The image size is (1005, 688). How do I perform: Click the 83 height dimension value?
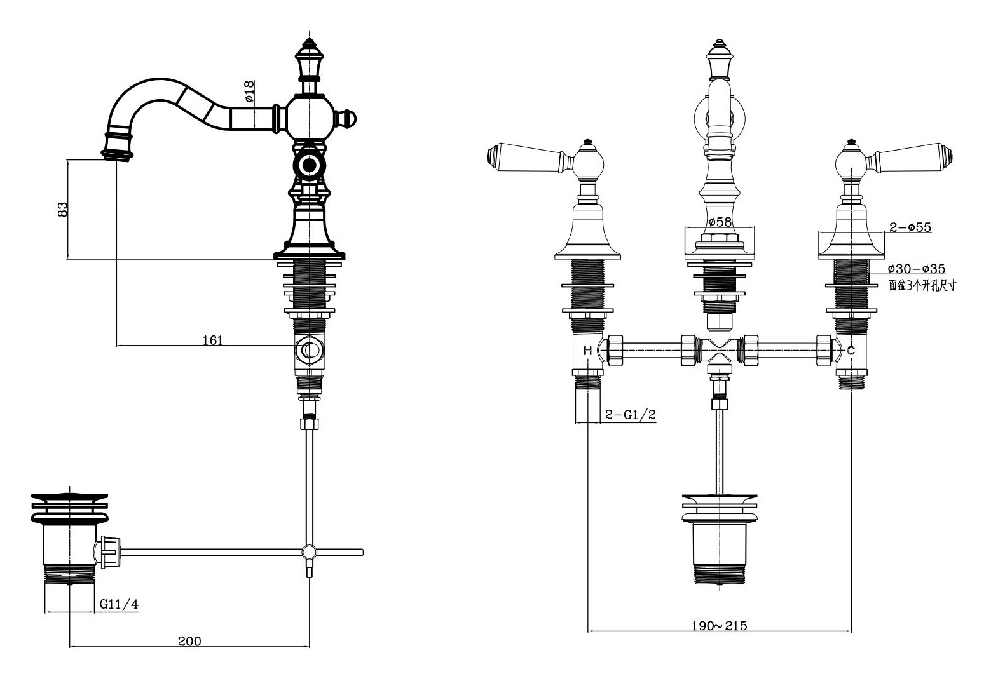pyautogui.click(x=63, y=210)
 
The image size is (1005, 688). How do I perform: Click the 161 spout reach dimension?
pyautogui.click(x=213, y=341)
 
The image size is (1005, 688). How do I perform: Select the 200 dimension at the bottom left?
pyautogui.click(x=189, y=642)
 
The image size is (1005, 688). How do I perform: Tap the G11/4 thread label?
pyautogui.click(x=119, y=604)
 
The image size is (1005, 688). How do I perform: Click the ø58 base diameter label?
pyautogui.click(x=720, y=222)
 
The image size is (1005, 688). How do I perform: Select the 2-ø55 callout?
pyautogui.click(x=910, y=227)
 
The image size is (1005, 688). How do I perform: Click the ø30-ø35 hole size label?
pyautogui.click(x=917, y=269)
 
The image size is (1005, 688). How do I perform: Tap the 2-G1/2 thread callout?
pyautogui.click(x=631, y=415)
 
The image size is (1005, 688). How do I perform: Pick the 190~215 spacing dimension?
pyautogui.click(x=719, y=626)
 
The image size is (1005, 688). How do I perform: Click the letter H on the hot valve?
pyautogui.click(x=588, y=351)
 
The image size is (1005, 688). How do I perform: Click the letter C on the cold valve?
pyautogui.click(x=851, y=351)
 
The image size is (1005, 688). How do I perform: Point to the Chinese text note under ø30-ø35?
pyautogui.click(x=922, y=285)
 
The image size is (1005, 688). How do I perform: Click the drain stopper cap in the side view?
pyautogui.click(x=70, y=507)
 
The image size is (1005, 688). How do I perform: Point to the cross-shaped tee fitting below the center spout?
pyautogui.click(x=719, y=351)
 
